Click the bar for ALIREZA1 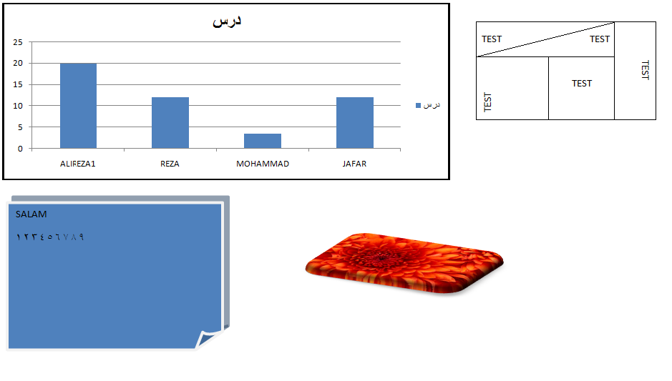point(79,106)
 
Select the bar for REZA point(170,123)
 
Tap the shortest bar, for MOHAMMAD point(263,141)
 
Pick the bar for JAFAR point(355,123)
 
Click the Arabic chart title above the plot point(227,21)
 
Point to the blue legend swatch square point(418,105)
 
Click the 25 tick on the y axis point(18,42)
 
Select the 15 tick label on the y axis point(18,84)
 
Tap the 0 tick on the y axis point(20,149)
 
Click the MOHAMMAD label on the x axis point(263,164)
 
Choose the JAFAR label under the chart point(354,164)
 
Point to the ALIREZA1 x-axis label point(77,164)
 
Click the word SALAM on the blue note point(31,214)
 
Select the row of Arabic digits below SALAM point(49,237)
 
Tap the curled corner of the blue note point(209,338)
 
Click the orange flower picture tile point(404,263)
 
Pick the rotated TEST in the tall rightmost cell point(645,70)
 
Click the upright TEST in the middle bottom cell point(582,84)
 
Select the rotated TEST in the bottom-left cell point(487,102)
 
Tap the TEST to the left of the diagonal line point(492,39)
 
